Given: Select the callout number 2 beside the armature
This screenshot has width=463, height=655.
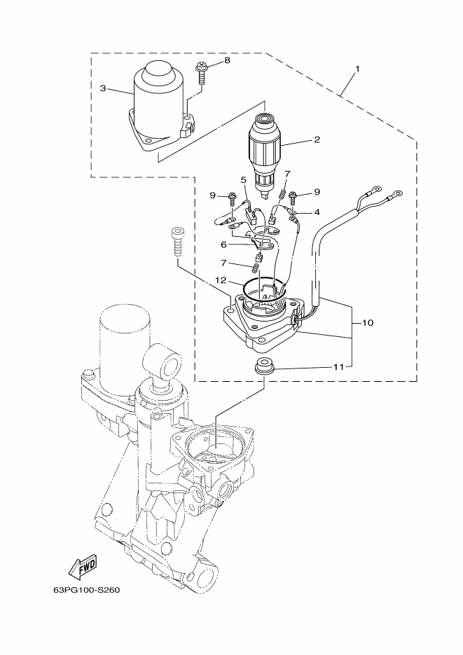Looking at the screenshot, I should pos(317,139).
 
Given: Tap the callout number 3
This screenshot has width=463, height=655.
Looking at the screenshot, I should pos(103,88).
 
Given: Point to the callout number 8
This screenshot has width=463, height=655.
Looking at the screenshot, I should pos(226,62).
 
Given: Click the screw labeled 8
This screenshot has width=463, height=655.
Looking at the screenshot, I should pos(202,73).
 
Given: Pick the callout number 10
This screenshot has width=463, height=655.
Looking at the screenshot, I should pos(368,323).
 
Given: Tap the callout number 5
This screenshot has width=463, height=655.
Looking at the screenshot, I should pos(243,179).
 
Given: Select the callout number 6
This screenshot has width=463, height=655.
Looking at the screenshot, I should pos(223,244).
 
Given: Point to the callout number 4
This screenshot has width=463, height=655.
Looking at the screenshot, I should pos(317,212).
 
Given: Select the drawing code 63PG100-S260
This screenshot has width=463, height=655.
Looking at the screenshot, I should pos(87,589).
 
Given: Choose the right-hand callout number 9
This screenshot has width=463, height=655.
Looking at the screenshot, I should pos(317,191).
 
